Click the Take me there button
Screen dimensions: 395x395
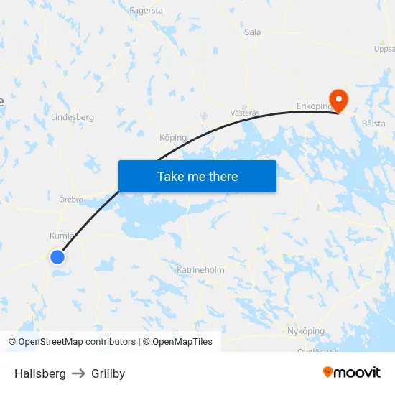197,176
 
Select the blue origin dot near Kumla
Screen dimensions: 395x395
57,256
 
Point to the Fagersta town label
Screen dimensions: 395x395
147,11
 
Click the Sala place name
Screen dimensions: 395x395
252,32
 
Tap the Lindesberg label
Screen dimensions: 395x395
73,116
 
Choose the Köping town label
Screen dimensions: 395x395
173,137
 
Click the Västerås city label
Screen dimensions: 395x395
245,113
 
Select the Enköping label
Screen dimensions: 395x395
313,106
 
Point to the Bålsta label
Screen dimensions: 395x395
373,124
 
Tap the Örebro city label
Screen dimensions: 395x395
70,199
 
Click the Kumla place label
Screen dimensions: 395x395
60,236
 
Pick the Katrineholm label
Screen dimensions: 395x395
200,270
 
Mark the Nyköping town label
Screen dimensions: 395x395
305,331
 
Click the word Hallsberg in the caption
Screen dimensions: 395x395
40,373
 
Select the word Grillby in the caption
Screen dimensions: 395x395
108,373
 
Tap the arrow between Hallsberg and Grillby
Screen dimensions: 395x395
78,373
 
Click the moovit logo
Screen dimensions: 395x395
351,372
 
